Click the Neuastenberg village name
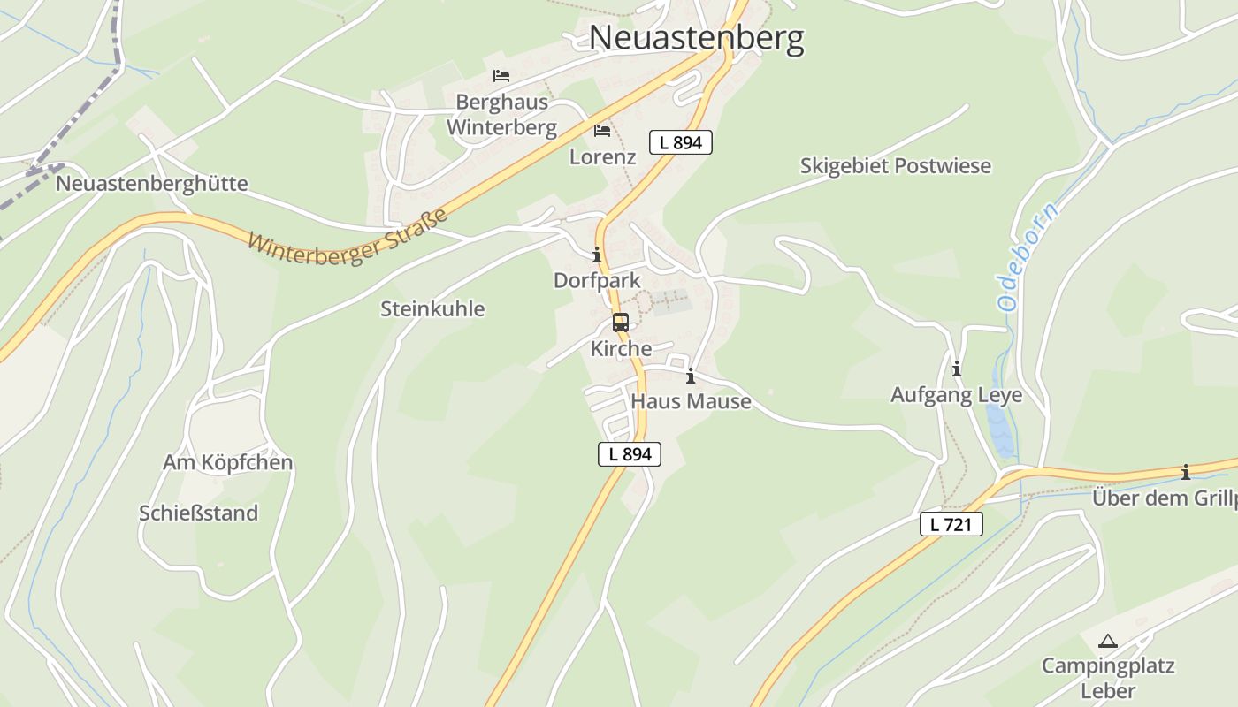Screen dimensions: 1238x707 click(696, 38)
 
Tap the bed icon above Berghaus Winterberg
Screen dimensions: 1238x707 click(501, 76)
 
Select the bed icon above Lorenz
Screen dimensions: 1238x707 click(602, 131)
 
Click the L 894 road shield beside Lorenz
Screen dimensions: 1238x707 click(680, 142)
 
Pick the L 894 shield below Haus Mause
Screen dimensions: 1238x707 click(630, 454)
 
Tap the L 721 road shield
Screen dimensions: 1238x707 click(951, 524)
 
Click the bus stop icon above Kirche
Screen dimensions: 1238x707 click(621, 323)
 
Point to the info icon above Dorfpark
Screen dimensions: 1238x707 click(597, 255)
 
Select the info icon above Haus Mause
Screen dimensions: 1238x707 click(691, 376)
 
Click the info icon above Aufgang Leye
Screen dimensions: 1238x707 click(956, 369)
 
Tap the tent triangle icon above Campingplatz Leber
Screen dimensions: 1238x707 click(1107, 641)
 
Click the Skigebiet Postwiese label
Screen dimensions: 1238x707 click(895, 166)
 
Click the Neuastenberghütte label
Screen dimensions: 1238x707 click(151, 184)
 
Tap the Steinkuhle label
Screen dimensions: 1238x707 click(432, 308)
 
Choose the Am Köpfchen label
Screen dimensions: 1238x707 click(227, 462)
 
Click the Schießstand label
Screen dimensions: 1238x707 click(198, 513)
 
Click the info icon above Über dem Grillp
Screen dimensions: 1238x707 click(1186, 473)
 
